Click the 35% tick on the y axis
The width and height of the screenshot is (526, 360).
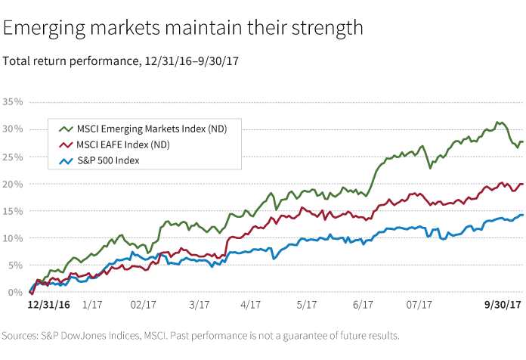click(x=12, y=101)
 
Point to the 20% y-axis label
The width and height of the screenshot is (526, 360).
click(x=12, y=184)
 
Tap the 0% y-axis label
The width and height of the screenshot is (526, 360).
click(x=14, y=292)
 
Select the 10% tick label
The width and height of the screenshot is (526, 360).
click(x=12, y=238)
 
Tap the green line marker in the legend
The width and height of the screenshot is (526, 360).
click(x=65, y=129)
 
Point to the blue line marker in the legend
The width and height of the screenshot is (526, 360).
click(x=65, y=160)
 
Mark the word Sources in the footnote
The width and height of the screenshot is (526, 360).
click(x=20, y=335)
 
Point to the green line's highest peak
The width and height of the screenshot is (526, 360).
click(x=497, y=122)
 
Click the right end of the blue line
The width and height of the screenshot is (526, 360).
click(x=521, y=215)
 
